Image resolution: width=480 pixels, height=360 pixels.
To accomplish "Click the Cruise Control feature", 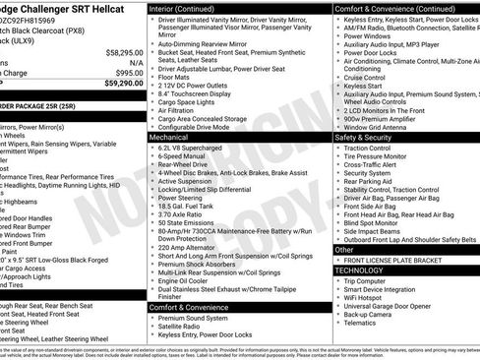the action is tap(368, 77).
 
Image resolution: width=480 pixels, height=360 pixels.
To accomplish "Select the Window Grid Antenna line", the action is tap(376, 128).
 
